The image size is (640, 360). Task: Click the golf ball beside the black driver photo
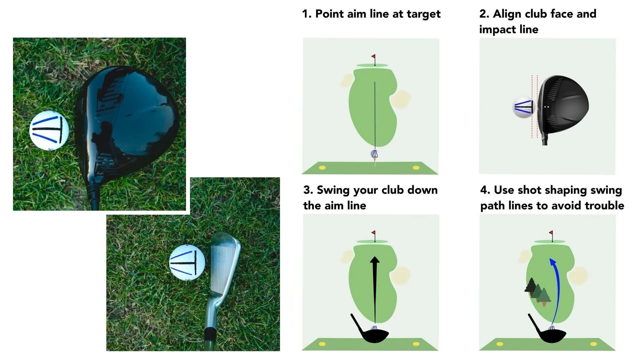49,130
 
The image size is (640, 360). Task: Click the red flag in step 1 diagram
373,57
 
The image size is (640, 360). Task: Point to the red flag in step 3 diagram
373,233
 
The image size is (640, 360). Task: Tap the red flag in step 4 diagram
551,233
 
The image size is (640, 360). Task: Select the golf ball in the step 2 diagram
524,107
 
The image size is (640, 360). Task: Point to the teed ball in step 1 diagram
375,154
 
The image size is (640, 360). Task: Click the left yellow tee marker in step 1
322,168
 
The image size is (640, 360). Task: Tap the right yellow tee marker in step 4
593,344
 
